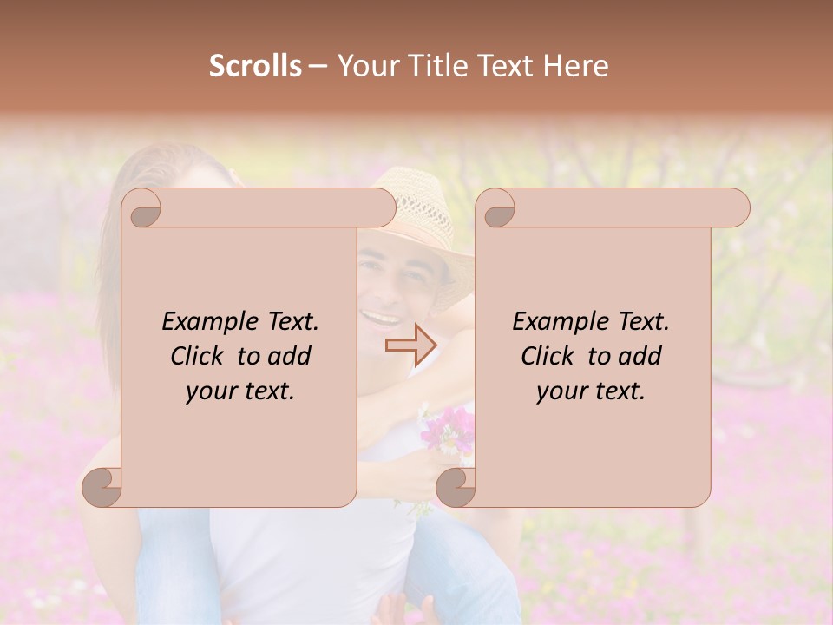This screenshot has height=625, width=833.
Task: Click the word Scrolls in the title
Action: point(255,66)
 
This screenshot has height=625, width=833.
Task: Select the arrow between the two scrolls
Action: point(410,345)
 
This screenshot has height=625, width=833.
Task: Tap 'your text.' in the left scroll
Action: point(240,391)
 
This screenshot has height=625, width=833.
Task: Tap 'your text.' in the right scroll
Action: point(591,391)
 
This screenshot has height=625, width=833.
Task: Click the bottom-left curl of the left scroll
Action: point(102,487)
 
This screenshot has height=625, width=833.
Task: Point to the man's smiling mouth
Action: point(379,319)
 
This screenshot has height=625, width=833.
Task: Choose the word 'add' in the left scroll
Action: point(290,356)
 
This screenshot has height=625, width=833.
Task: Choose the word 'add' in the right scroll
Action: point(640,356)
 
